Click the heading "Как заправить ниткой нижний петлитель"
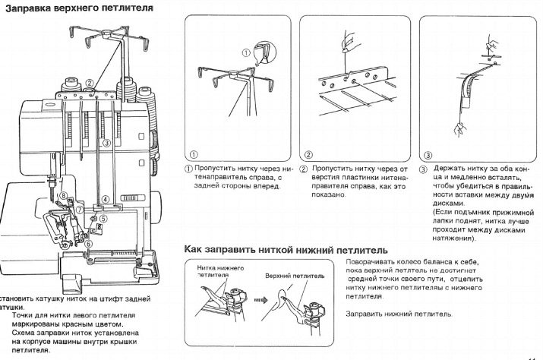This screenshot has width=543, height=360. click(286, 249)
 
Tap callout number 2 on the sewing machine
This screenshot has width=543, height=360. click(90, 84)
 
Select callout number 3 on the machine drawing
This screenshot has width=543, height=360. click(106, 142)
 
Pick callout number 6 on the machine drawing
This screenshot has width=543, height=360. click(88, 243)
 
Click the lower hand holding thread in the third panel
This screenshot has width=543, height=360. click(458, 129)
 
